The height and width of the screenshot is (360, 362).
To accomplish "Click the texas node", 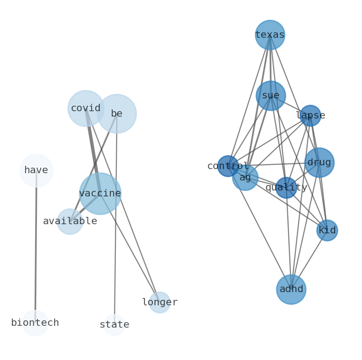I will [x=270, y=35].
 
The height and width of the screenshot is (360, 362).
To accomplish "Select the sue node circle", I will [x=270, y=96].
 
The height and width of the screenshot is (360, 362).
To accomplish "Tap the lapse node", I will [x=310, y=116].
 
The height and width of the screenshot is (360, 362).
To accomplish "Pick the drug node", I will [x=319, y=163].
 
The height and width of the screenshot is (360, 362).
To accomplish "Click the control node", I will [x=228, y=166].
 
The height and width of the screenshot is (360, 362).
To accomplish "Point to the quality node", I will [x=286, y=188].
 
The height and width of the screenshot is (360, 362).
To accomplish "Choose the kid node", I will [x=327, y=231].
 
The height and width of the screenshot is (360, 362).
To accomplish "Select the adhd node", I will [x=291, y=289].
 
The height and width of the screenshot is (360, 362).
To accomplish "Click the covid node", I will [x=86, y=108].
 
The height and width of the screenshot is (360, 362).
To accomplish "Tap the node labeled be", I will [x=117, y=113].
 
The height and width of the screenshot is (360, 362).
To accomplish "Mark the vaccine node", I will [x=100, y=194].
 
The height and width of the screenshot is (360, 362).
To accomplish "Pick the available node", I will [x=70, y=221].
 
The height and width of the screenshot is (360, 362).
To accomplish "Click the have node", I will [x=36, y=170].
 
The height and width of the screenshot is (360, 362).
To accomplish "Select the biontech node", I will [x=35, y=323].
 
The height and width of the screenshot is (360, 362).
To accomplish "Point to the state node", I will [x=114, y=325].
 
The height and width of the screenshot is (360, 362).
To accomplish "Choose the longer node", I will [x=160, y=303].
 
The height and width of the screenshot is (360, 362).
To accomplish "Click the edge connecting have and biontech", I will [x=36, y=246].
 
